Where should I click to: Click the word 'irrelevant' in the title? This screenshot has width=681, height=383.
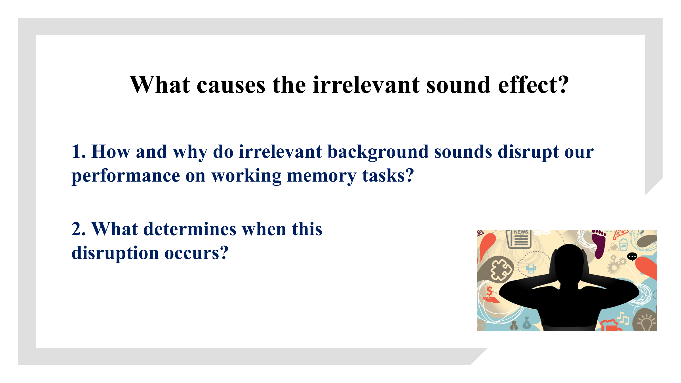366,85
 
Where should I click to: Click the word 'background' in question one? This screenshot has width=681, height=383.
378,152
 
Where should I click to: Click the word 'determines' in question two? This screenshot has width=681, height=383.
190,229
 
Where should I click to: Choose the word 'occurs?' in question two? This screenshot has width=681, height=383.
197,253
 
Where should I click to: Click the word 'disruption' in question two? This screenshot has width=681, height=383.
115,253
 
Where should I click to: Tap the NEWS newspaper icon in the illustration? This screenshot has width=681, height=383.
519,239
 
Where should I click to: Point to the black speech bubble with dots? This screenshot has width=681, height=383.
632,257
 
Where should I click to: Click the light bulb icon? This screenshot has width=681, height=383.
646,321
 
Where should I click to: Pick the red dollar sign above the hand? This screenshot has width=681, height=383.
489,291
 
